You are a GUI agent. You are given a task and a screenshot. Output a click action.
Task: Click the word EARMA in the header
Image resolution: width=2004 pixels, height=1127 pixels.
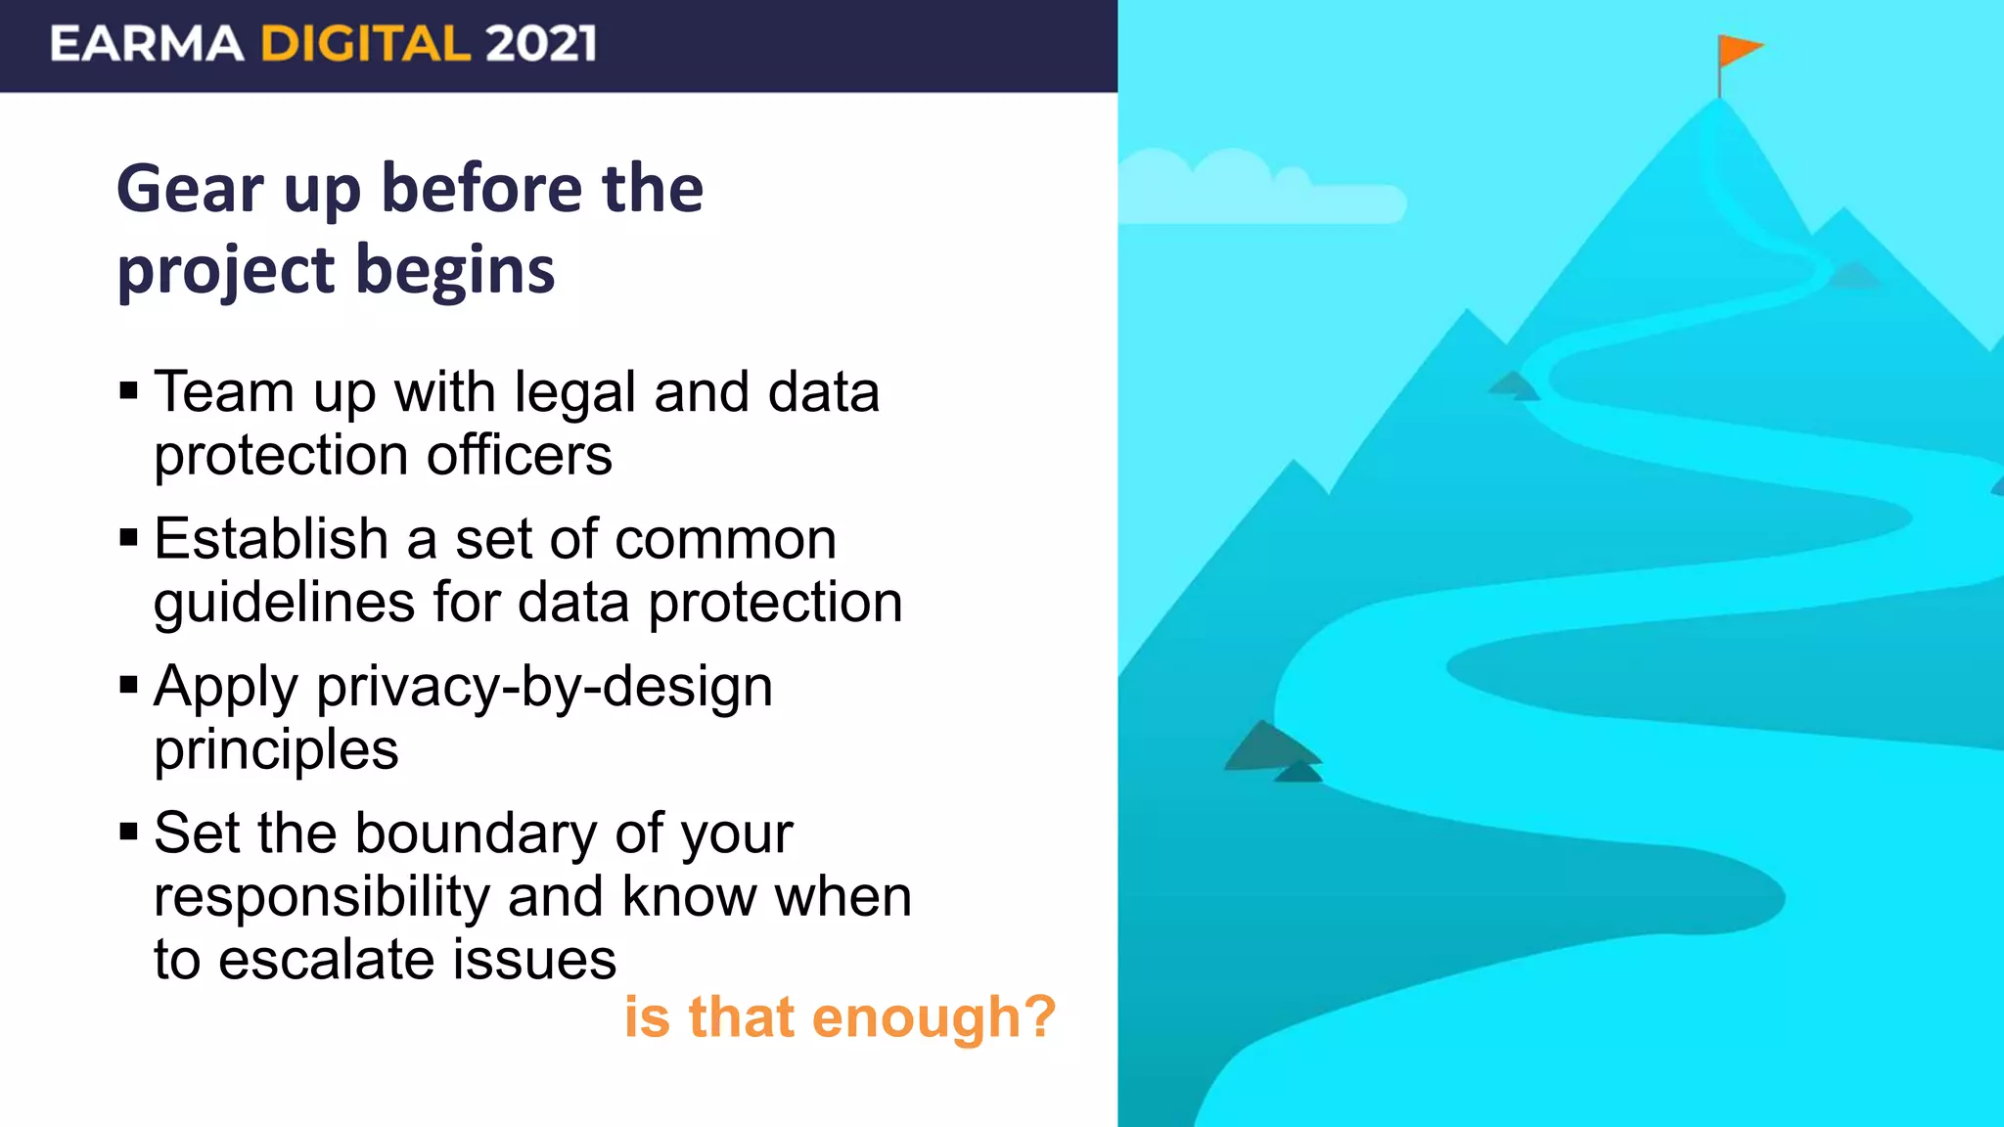(147, 44)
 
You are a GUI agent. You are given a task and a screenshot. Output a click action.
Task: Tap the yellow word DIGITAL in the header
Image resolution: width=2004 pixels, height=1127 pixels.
(365, 44)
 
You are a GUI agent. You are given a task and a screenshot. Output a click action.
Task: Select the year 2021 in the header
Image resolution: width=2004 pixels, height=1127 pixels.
(540, 44)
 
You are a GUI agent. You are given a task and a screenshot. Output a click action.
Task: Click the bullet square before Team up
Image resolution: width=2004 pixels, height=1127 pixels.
(128, 392)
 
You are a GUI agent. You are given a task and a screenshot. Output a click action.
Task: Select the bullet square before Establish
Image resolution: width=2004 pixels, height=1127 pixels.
(128, 539)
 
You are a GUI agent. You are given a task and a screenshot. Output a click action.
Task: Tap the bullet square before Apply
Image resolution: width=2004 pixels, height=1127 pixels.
(128, 686)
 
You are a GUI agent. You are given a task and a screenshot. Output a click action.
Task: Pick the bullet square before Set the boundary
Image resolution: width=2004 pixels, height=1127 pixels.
(128, 833)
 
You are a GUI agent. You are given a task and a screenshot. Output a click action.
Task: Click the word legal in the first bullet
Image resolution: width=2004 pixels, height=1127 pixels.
(575, 393)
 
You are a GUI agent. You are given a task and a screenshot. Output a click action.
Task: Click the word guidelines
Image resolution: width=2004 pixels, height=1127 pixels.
(284, 603)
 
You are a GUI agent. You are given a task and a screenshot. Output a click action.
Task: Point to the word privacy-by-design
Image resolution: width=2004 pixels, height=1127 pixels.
(544, 687)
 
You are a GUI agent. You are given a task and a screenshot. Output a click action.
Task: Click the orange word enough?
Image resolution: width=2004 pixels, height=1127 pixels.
(934, 1017)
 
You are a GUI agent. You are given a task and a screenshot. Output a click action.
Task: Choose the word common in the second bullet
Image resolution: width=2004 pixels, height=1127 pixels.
(725, 540)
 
